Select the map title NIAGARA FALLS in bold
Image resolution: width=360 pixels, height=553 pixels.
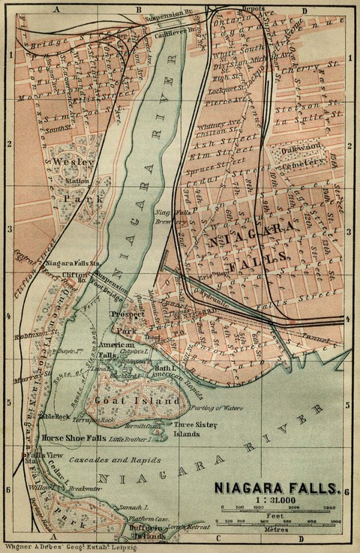pyautogui.click(x=277, y=488)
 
